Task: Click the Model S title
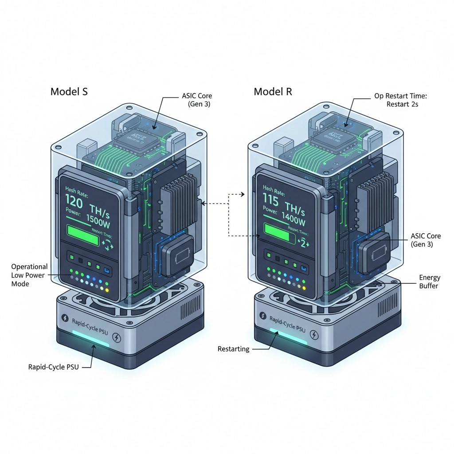[x=69, y=92]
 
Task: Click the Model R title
[x=273, y=92]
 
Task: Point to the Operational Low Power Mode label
[x=29, y=275]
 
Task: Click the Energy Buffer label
[x=430, y=282]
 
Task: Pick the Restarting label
[x=233, y=349]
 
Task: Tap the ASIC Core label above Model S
[x=196, y=100]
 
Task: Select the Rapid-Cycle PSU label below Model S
[x=53, y=367]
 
